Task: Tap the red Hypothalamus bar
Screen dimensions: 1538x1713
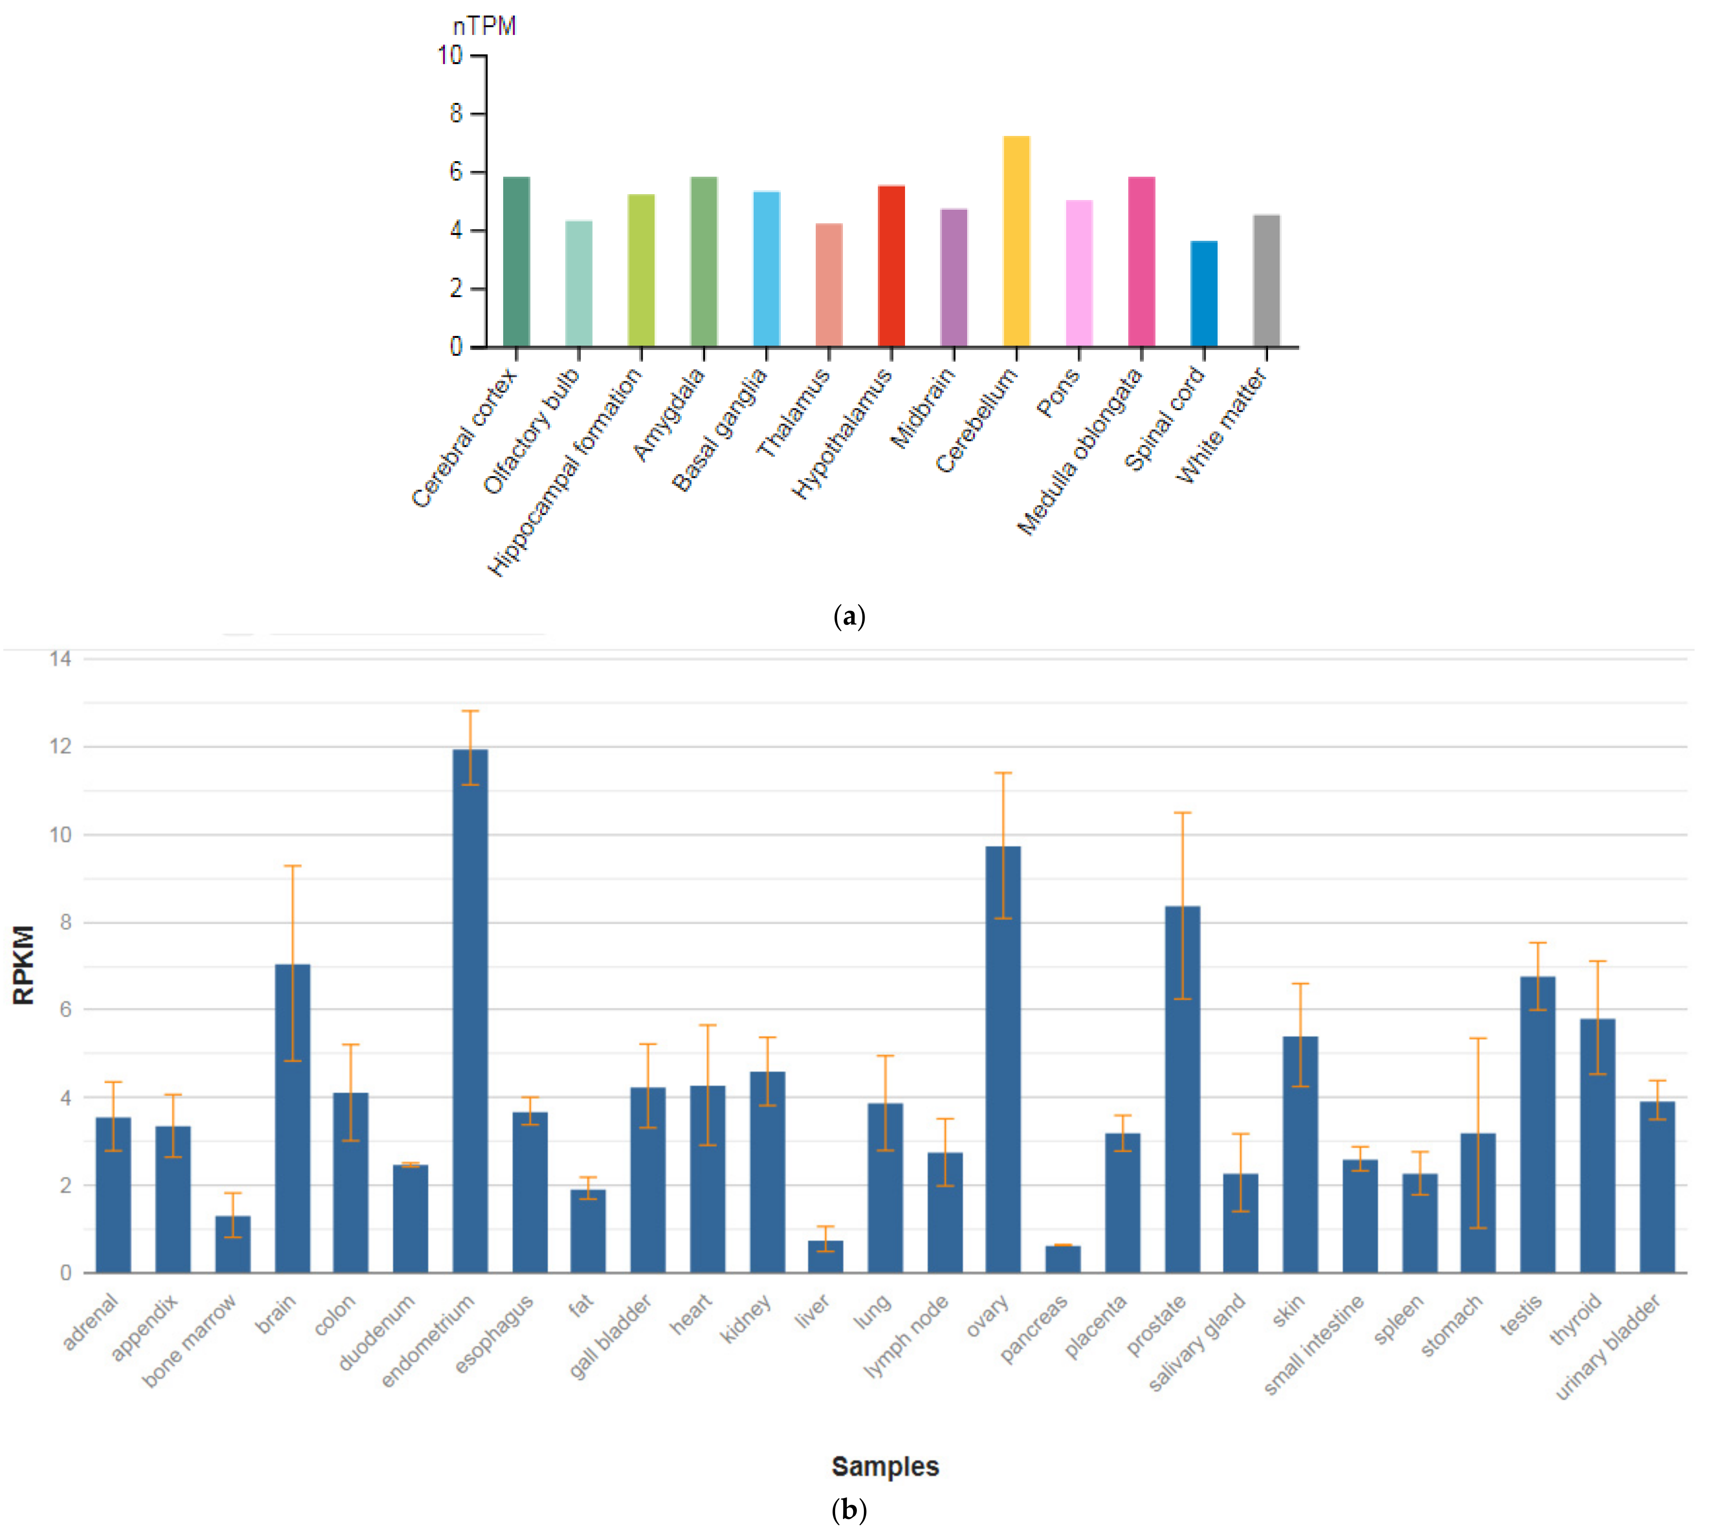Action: (x=891, y=266)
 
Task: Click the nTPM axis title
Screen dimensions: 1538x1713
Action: (x=484, y=26)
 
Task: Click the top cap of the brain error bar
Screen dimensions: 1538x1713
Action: (x=292, y=866)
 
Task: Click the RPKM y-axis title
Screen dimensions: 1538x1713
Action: (x=24, y=965)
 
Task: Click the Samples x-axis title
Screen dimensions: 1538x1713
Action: (x=884, y=1466)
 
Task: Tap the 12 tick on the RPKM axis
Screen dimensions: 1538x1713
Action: (x=61, y=746)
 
